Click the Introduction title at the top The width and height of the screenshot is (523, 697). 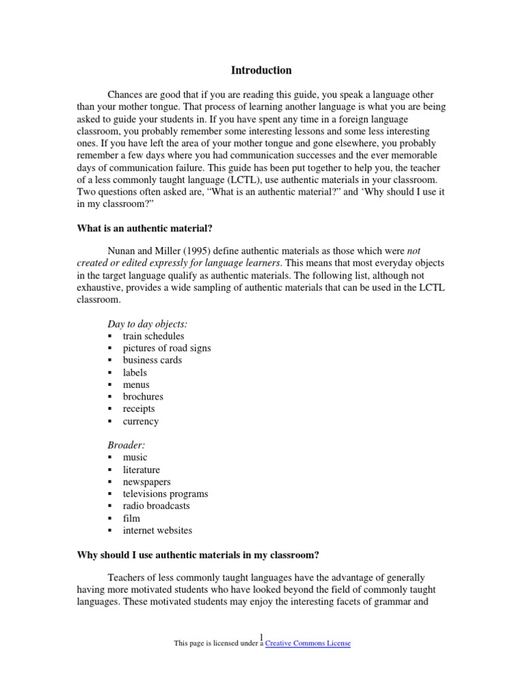[x=261, y=70]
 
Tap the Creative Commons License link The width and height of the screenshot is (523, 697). [x=308, y=643]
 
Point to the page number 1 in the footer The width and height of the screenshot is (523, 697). [x=261, y=636]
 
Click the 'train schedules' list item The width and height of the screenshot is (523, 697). [x=153, y=336]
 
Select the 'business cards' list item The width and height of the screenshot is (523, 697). [x=153, y=360]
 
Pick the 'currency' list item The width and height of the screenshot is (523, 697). [x=140, y=421]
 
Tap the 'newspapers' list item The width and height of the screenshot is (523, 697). [x=146, y=482]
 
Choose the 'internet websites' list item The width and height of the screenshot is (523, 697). [x=157, y=530]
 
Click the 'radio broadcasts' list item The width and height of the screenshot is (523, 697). [x=156, y=506]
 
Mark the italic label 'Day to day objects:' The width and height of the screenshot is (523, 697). [x=148, y=323]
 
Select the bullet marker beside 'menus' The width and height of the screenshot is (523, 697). [x=110, y=385]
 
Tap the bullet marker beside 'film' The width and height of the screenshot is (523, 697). [x=110, y=519]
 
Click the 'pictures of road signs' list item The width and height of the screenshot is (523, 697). [x=167, y=348]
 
